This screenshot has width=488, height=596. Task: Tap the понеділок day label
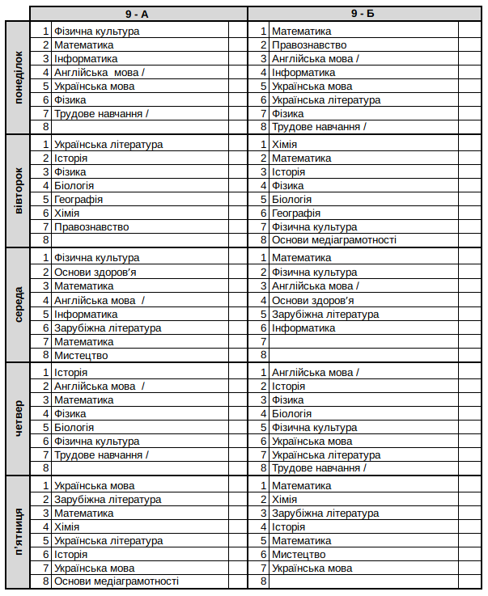click(19, 78)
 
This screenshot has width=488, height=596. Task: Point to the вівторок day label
click(19, 192)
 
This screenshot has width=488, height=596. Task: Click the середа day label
click(19, 306)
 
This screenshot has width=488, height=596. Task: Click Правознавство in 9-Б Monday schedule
click(308, 45)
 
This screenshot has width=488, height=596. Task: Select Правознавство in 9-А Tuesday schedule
click(91, 227)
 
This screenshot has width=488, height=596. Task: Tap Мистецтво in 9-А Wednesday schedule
click(81, 355)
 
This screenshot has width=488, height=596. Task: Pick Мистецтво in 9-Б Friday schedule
click(298, 555)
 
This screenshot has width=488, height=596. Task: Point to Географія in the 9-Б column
click(295, 213)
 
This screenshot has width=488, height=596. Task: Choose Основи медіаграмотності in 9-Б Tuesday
click(333, 240)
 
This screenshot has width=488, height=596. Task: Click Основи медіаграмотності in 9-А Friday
click(116, 581)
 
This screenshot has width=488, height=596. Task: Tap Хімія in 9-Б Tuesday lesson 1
click(284, 145)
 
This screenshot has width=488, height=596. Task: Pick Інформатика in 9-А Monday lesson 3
click(86, 59)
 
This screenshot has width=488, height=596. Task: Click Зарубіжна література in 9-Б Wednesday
click(325, 315)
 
